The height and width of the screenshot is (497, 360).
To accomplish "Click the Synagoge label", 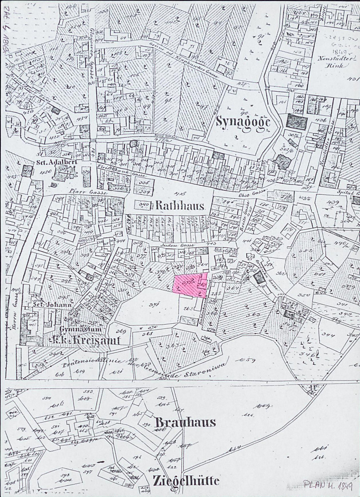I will click(243, 122).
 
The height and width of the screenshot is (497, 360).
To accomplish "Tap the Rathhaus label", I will click(180, 206).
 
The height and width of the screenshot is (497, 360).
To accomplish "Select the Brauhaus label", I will click(185, 422).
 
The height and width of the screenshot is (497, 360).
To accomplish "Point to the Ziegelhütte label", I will click(186, 480).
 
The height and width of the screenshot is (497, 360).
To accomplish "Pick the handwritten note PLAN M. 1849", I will click(328, 485).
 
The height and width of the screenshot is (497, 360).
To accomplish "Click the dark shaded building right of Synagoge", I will click(297, 122).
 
